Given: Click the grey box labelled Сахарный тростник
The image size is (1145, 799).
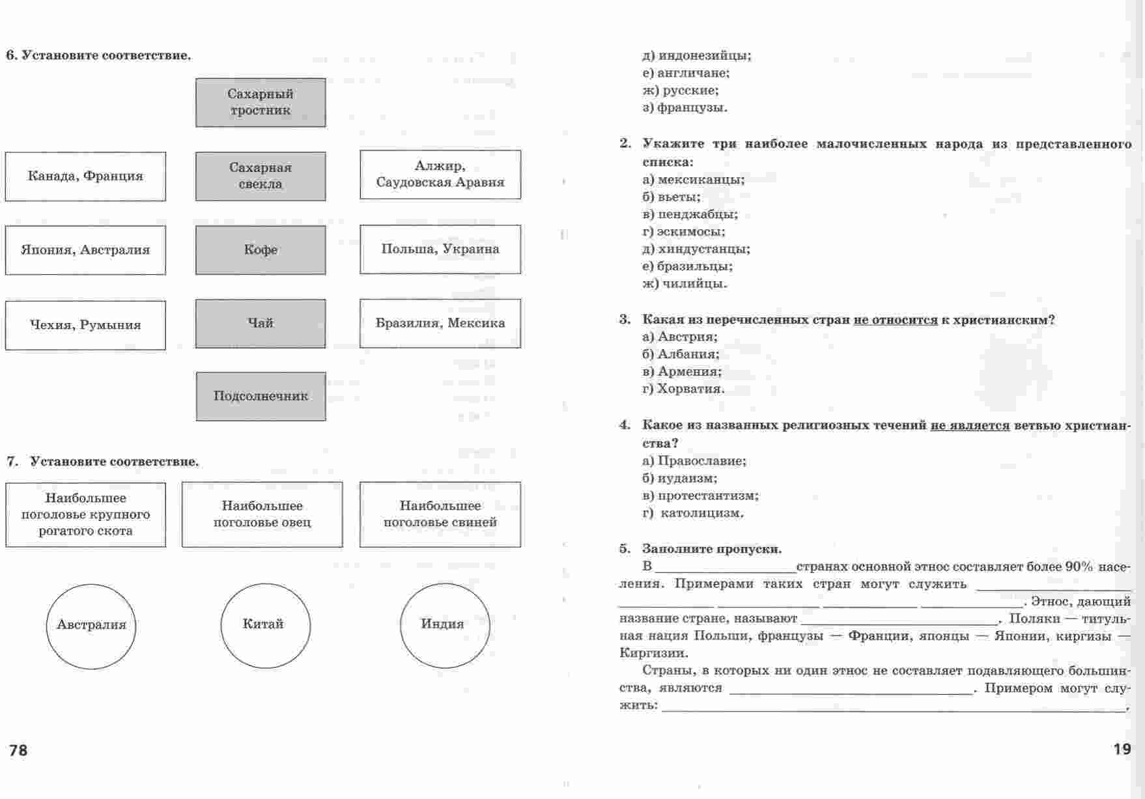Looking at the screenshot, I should pos(261,102).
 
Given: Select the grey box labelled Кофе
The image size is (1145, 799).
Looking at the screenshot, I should pos(261,250).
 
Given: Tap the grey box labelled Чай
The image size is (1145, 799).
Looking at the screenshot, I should pos(261,324).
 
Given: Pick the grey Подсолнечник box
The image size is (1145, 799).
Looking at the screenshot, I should pos(261,396).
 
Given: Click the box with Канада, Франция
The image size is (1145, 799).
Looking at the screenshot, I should pos(85,176).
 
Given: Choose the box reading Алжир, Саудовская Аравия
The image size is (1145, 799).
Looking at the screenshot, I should pos(440,175).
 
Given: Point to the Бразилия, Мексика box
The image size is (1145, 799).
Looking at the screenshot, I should pos(440,323).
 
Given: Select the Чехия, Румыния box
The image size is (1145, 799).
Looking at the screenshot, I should pos(85,325).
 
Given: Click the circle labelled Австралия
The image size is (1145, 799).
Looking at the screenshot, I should pos(91,625).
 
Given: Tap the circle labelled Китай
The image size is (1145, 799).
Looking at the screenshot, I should pos(266,624).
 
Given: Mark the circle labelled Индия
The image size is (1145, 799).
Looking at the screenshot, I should pos(444,624).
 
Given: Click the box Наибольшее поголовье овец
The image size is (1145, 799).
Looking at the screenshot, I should pos(262,514).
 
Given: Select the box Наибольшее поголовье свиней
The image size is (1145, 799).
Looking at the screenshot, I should pos(440,514).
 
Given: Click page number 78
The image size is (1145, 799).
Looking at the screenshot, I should pos(18,751).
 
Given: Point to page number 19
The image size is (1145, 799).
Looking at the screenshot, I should pos(1122,750).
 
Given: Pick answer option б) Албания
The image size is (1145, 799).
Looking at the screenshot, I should pos(681,354).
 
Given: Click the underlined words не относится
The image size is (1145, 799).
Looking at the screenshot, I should pos(895,320).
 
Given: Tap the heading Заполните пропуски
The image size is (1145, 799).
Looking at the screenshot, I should pos(712,549).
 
